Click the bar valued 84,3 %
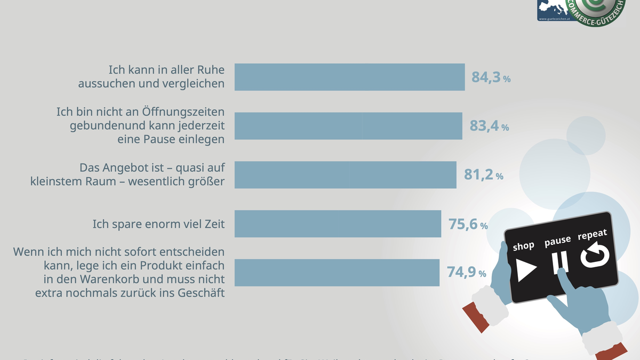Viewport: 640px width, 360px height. (349, 77)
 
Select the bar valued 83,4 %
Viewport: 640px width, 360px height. (348, 126)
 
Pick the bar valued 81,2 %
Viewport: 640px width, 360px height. (345, 174)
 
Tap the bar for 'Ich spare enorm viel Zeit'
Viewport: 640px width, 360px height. (338, 223)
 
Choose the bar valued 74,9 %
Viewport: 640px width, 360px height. (337, 273)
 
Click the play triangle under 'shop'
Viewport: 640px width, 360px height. (525, 269)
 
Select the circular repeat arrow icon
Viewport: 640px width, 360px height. (595, 255)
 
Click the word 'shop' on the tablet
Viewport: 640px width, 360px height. (523, 246)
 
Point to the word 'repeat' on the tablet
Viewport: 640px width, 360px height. (592, 236)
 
